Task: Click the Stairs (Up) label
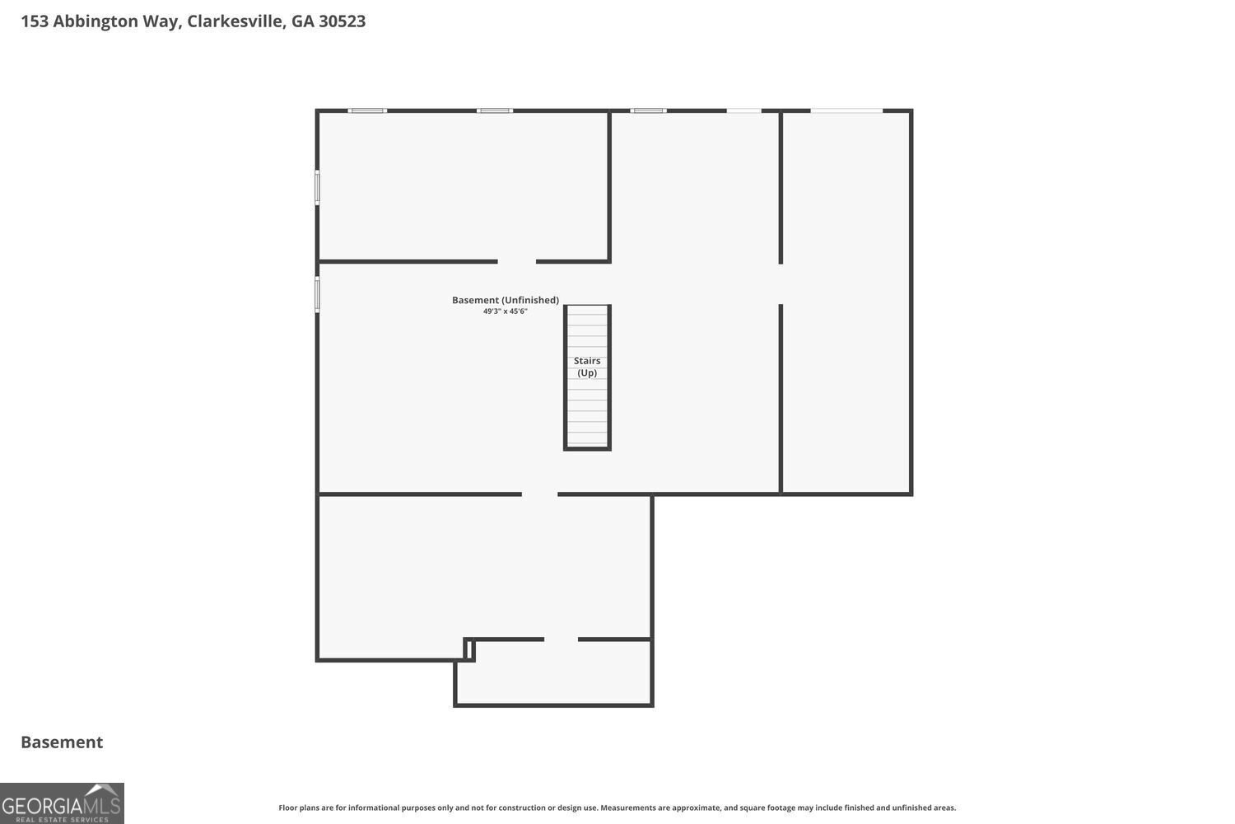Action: tap(586, 367)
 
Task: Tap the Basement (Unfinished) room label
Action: tap(505, 300)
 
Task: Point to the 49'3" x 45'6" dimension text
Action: tap(505, 311)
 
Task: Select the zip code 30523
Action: tap(342, 21)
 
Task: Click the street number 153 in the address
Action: tap(35, 21)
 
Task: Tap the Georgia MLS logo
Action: tap(62, 803)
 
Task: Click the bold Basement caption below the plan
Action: tap(62, 742)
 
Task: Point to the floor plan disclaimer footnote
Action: tap(617, 808)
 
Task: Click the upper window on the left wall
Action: tap(317, 188)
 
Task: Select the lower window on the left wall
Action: tap(317, 294)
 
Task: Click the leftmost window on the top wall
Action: tap(367, 111)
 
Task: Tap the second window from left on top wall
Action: tap(495, 111)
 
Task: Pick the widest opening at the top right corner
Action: tap(846, 111)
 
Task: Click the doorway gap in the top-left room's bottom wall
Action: tap(516, 261)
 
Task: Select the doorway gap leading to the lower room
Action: tap(540, 494)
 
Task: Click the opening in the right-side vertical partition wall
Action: tap(781, 283)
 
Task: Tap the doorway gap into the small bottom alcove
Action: tap(561, 639)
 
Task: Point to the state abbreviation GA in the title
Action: tap(302, 21)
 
